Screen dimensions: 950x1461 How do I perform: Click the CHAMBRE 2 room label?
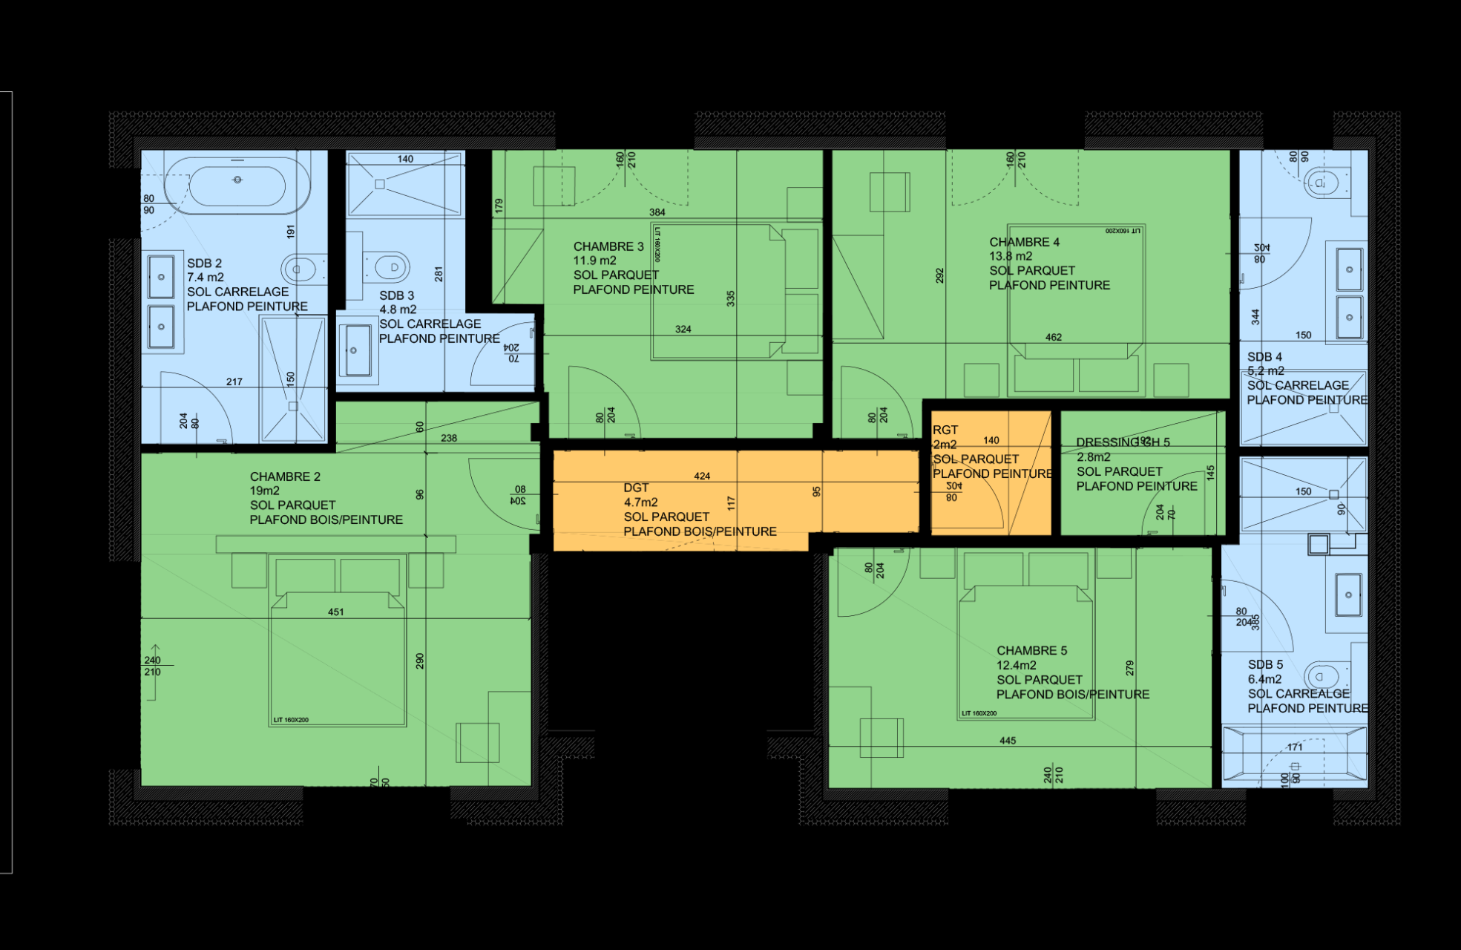pos(285,476)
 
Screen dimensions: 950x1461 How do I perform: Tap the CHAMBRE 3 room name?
pos(608,246)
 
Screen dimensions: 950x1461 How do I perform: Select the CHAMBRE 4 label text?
pos(1024,242)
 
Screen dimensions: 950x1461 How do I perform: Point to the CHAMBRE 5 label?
pos(1031,651)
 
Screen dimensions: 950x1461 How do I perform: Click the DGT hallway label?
pos(636,488)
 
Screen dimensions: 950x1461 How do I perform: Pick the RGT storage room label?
pos(945,430)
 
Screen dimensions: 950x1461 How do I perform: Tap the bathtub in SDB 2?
pos(237,182)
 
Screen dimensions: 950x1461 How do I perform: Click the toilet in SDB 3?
pos(388,266)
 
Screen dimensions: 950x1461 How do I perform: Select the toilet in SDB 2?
pos(302,269)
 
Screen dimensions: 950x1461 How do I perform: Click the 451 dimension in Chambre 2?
pos(335,612)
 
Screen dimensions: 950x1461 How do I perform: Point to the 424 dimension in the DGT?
pos(701,476)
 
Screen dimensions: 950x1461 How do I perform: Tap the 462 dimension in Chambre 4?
pos(1053,337)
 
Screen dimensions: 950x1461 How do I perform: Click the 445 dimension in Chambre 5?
pos(1007,741)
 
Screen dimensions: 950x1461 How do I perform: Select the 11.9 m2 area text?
pos(594,261)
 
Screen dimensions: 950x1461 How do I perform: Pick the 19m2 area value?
pos(264,491)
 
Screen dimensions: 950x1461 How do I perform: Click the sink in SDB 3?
pos(357,350)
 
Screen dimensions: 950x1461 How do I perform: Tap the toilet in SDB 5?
pos(1322,676)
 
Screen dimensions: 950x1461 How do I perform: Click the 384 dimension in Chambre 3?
pos(657,212)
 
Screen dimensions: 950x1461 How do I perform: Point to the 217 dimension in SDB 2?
pos(234,381)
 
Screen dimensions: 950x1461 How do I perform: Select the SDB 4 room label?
pos(1264,357)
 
